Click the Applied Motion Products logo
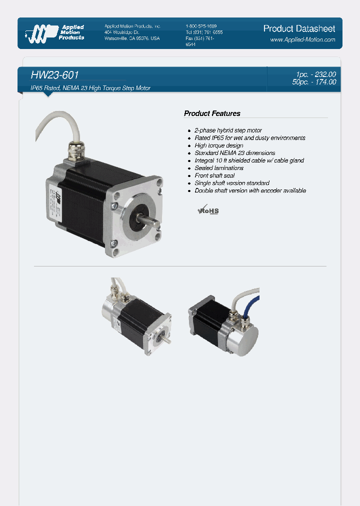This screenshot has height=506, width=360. coord(54,32)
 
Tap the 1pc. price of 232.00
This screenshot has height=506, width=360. coord(315,74)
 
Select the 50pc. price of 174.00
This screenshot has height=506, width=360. coord(314,82)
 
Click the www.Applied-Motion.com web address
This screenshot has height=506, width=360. coord(302,39)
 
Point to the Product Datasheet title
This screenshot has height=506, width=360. coord(299,28)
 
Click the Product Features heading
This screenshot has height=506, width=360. coord(212,113)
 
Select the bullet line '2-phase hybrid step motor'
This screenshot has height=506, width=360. coord(228,130)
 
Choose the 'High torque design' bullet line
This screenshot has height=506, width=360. coord(218,145)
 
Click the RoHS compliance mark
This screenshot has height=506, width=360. coord(208,210)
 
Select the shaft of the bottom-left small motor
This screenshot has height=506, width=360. coord(167,340)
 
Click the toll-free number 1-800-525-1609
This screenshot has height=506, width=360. coord(201,26)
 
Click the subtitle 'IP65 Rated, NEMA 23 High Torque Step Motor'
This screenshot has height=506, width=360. coord(90,88)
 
